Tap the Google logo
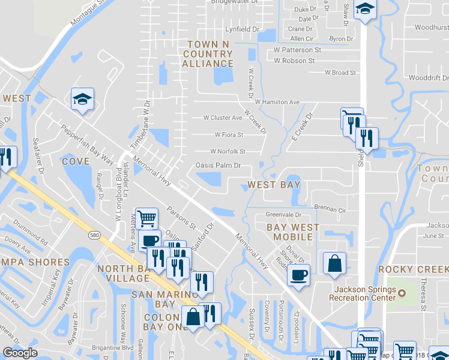pyautogui.click(x=20, y=353)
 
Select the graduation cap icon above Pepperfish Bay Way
pyautogui.click(x=83, y=98)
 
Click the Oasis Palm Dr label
pyautogui.click(x=218, y=166)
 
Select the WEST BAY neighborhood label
pyautogui.click(x=274, y=185)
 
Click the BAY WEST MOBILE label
pyautogui.click(x=289, y=232)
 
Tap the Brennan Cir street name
pyautogui.click(x=331, y=211)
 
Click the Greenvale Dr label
pyautogui.click(x=283, y=214)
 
